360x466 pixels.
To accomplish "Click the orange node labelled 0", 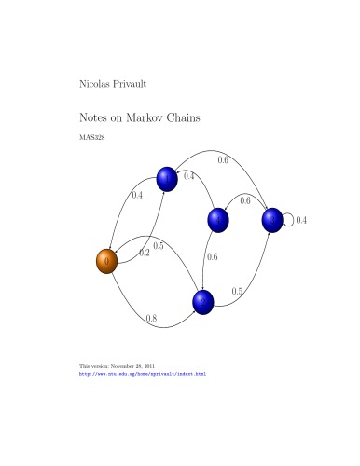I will pyautogui.click(x=107, y=262).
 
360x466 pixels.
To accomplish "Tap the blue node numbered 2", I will pyautogui.click(x=203, y=301).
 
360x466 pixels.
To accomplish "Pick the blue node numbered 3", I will pyautogui.click(x=272, y=220).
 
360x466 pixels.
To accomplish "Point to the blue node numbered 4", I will pyautogui.click(x=219, y=220).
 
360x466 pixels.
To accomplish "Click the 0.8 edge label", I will pyautogui.click(x=152, y=319).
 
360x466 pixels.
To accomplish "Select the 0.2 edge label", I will pyautogui.click(x=145, y=254).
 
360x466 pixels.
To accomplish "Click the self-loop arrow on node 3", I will pyautogui.click(x=292, y=220).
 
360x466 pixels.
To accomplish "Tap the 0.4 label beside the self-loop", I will pyautogui.click(x=301, y=220).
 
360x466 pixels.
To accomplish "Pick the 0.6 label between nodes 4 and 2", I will pyautogui.click(x=212, y=257).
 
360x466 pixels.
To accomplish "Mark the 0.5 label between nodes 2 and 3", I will pyautogui.click(x=237, y=292).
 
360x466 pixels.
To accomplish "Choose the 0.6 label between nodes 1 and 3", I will pyautogui.click(x=224, y=160).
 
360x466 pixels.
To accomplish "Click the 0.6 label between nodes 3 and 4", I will pyautogui.click(x=245, y=200).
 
